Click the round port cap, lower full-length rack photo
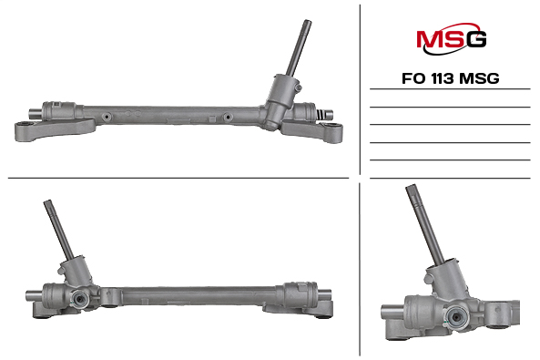79,299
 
